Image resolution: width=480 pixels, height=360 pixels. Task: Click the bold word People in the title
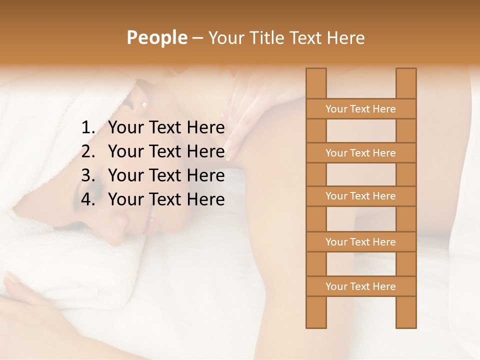point(156,38)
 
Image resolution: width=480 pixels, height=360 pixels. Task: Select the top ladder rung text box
point(361,109)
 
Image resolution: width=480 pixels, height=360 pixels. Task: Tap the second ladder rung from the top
point(361,153)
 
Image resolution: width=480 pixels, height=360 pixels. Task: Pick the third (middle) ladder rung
point(361,196)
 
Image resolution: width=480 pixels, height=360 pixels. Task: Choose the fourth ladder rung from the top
point(361,242)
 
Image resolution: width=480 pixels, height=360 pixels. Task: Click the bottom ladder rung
point(361,286)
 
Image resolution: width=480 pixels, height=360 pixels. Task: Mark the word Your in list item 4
point(126,199)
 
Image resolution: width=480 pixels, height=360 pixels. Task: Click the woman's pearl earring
point(144,104)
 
